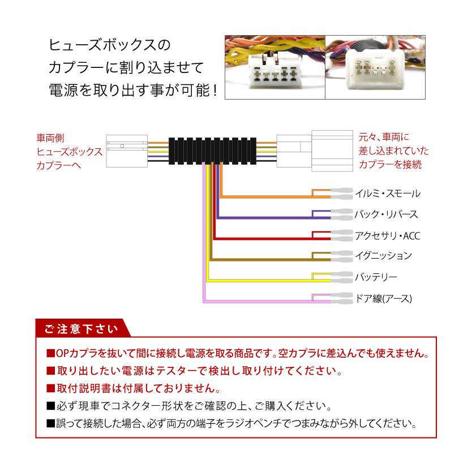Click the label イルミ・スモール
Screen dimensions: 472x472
[x=387, y=194]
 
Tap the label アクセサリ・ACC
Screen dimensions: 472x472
[x=387, y=235]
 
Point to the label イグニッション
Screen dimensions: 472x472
[x=383, y=256]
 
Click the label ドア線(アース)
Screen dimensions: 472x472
[x=383, y=298]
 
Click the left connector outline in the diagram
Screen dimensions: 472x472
[x=127, y=151]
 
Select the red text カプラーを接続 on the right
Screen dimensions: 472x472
[x=390, y=165]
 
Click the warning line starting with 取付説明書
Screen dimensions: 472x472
[x=134, y=389]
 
